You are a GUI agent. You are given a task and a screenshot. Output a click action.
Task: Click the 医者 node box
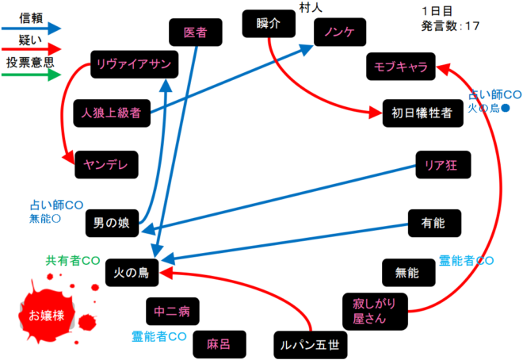(x=195, y=33)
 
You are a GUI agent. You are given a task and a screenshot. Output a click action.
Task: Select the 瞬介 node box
(x=269, y=24)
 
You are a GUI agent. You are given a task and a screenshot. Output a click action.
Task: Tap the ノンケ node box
(x=338, y=33)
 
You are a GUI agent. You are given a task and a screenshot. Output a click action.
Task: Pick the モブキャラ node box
(x=400, y=68)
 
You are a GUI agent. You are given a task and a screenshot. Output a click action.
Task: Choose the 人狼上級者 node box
(x=110, y=113)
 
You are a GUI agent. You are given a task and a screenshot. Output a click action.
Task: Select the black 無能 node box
(x=407, y=273)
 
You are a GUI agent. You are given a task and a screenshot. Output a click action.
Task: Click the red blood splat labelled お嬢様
(x=47, y=316)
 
